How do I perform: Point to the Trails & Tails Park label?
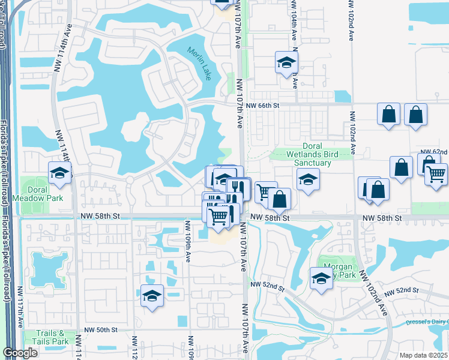(52, 337)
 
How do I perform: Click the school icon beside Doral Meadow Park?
(59, 173)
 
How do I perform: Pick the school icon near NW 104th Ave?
(287, 62)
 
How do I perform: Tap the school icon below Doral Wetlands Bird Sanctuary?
(307, 179)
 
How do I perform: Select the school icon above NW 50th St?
(152, 296)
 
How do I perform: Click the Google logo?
(21, 352)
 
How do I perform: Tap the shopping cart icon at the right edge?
(436, 174)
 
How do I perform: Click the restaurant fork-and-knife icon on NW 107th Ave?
(239, 188)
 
